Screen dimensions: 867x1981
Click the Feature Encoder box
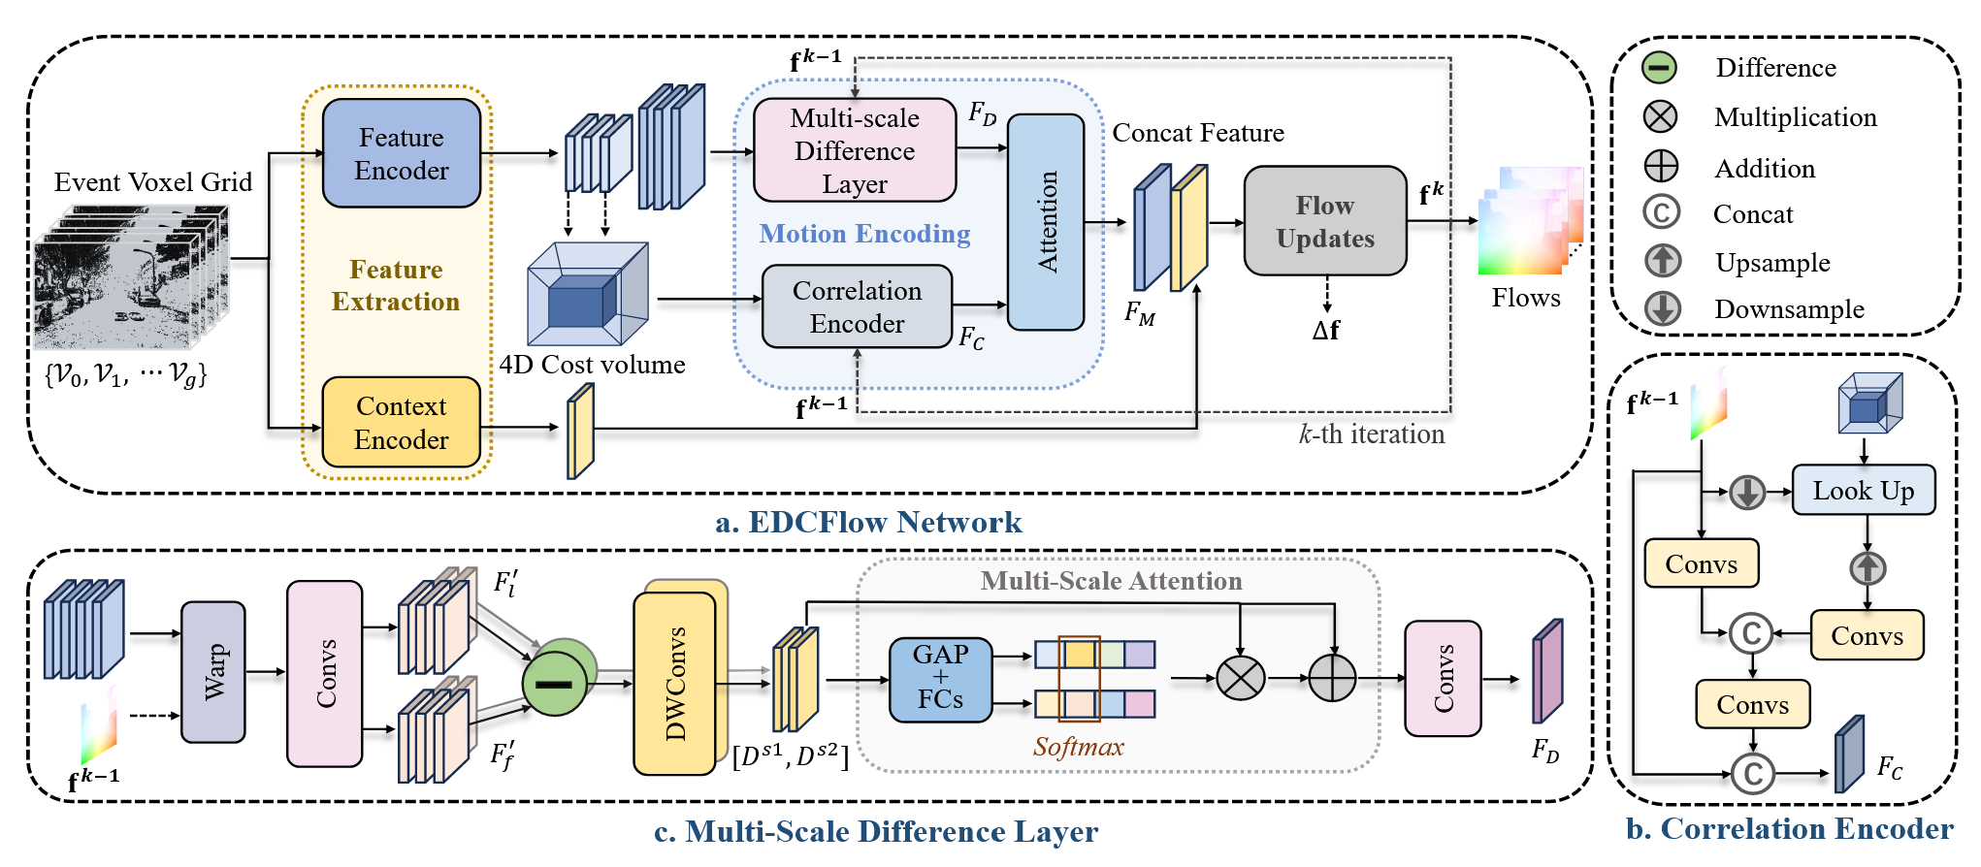tap(401, 153)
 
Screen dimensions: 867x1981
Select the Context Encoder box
tap(401, 423)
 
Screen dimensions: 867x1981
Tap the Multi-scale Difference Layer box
tap(854, 150)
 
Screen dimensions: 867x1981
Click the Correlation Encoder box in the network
tap(857, 306)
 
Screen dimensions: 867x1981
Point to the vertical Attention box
tap(1046, 222)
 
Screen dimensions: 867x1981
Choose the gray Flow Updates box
tap(1324, 221)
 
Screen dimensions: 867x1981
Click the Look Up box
tap(1863, 490)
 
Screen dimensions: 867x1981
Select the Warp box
tap(213, 672)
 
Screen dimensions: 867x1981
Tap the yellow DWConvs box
tap(675, 684)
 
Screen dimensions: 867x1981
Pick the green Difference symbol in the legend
tap(1660, 67)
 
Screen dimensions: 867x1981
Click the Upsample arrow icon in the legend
tap(1662, 261)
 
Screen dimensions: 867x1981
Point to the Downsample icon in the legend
tap(1662, 308)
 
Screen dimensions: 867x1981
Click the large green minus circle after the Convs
tap(554, 683)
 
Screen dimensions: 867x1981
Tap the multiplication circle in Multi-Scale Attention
tap(1240, 678)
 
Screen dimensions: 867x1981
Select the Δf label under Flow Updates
tap(1325, 331)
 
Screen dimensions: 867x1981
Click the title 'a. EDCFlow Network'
tap(868, 523)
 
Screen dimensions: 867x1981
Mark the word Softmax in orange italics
tap(1078, 747)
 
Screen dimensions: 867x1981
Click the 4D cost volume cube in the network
tap(587, 294)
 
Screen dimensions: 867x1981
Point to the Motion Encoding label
tap(864, 234)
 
